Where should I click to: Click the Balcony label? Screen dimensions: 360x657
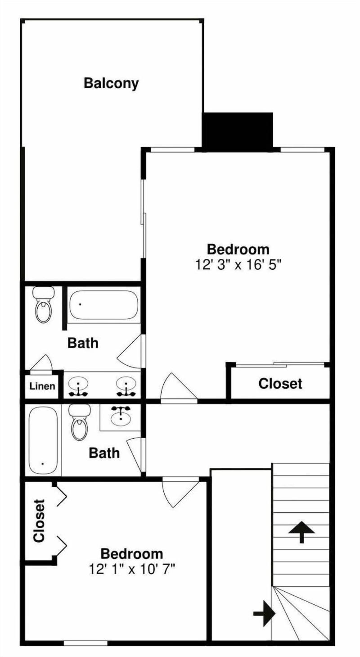[x=111, y=83]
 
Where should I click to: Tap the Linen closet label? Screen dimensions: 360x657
[x=42, y=386]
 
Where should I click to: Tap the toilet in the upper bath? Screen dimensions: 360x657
[x=43, y=305]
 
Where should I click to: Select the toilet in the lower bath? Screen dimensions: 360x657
[x=80, y=422]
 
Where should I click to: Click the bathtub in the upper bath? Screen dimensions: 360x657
[x=103, y=305]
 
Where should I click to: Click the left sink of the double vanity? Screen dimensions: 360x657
[x=78, y=386]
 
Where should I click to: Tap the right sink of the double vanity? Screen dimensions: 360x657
[x=126, y=386]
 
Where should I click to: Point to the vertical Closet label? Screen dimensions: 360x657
[x=39, y=521]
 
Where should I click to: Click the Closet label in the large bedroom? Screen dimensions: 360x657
[x=280, y=384]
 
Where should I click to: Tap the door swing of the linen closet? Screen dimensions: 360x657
[x=41, y=363]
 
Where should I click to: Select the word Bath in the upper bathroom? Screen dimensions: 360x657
[x=83, y=343]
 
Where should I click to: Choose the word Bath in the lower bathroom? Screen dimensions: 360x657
[x=104, y=453]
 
